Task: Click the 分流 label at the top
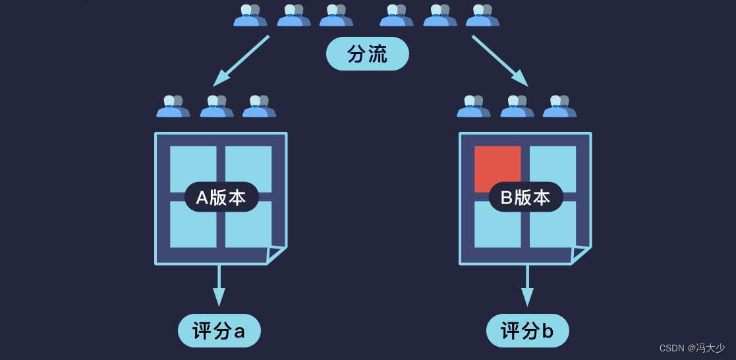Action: pos(368,55)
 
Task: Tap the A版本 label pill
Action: pos(221,197)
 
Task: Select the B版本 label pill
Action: pos(525,197)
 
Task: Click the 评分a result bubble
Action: pos(219,331)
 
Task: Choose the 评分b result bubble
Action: pos(527,331)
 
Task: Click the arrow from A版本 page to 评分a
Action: pos(219,286)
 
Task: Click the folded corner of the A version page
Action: pos(276,255)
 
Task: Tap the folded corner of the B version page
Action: pos(580,255)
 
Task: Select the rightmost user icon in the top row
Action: pos(482,15)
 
